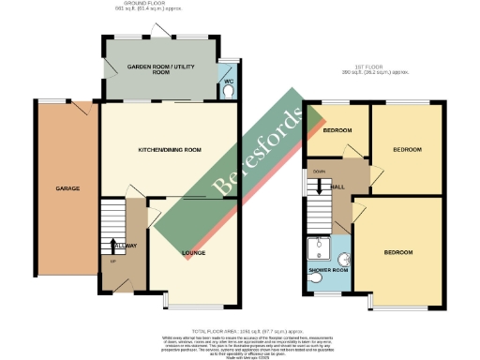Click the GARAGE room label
67,188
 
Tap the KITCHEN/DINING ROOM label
170,150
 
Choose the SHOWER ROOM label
328,271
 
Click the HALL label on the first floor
338,187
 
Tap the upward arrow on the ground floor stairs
114,246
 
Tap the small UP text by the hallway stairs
114,261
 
